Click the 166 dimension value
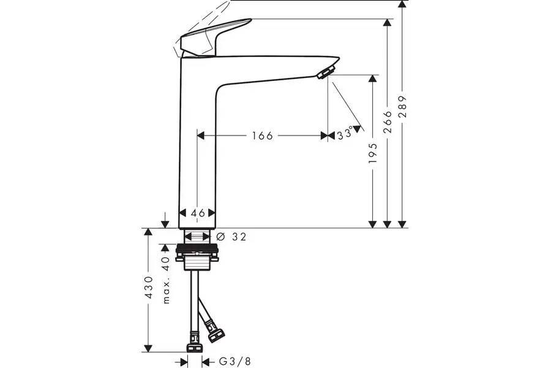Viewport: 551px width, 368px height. [261, 136]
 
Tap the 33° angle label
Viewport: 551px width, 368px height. [345, 134]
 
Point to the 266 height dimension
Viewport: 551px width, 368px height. [387, 121]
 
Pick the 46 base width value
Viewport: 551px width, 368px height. [197, 213]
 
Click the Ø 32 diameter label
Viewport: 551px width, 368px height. [231, 237]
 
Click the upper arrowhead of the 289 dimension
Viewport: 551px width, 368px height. [402, 5]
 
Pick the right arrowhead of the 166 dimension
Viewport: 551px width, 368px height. [324, 136]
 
